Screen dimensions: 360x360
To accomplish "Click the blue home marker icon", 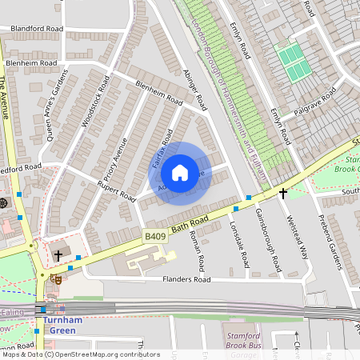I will tap(180, 173).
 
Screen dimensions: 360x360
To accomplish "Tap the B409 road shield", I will tap(156, 237).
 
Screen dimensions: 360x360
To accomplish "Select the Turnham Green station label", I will tap(58, 326).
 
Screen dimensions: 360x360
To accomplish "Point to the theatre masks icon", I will tap(55, 279).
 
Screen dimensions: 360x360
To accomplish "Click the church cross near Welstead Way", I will tap(282, 194).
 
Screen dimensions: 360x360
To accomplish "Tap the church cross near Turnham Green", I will tap(58, 256).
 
